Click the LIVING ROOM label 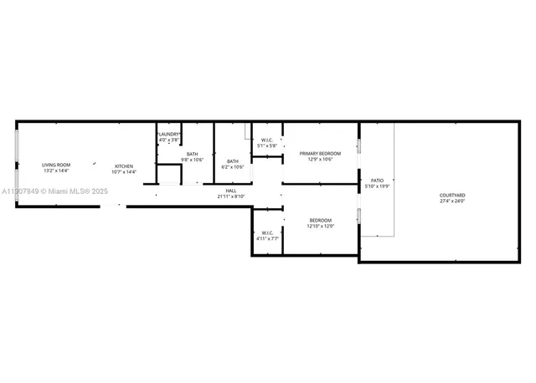tap(58, 166)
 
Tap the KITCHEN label tap(124, 166)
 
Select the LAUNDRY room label tap(169, 135)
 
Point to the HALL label tap(230, 191)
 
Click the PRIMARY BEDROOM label tap(321, 154)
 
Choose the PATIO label tap(377, 180)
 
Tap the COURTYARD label tap(452, 196)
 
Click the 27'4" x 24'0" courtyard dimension tap(452, 202)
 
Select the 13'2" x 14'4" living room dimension tap(58, 171)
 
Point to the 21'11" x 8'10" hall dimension tap(230, 197)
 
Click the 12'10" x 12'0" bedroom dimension tap(321, 226)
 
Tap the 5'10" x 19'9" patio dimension tap(377, 186)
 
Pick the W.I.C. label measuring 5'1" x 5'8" tap(266, 140)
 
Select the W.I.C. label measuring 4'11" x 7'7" tap(267, 233)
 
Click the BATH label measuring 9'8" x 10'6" tap(193, 154)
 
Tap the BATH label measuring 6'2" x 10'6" tap(232, 161)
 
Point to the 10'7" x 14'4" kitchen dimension tap(124, 171)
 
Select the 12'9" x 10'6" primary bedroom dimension tap(321, 160)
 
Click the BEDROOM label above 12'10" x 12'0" tap(321, 220)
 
